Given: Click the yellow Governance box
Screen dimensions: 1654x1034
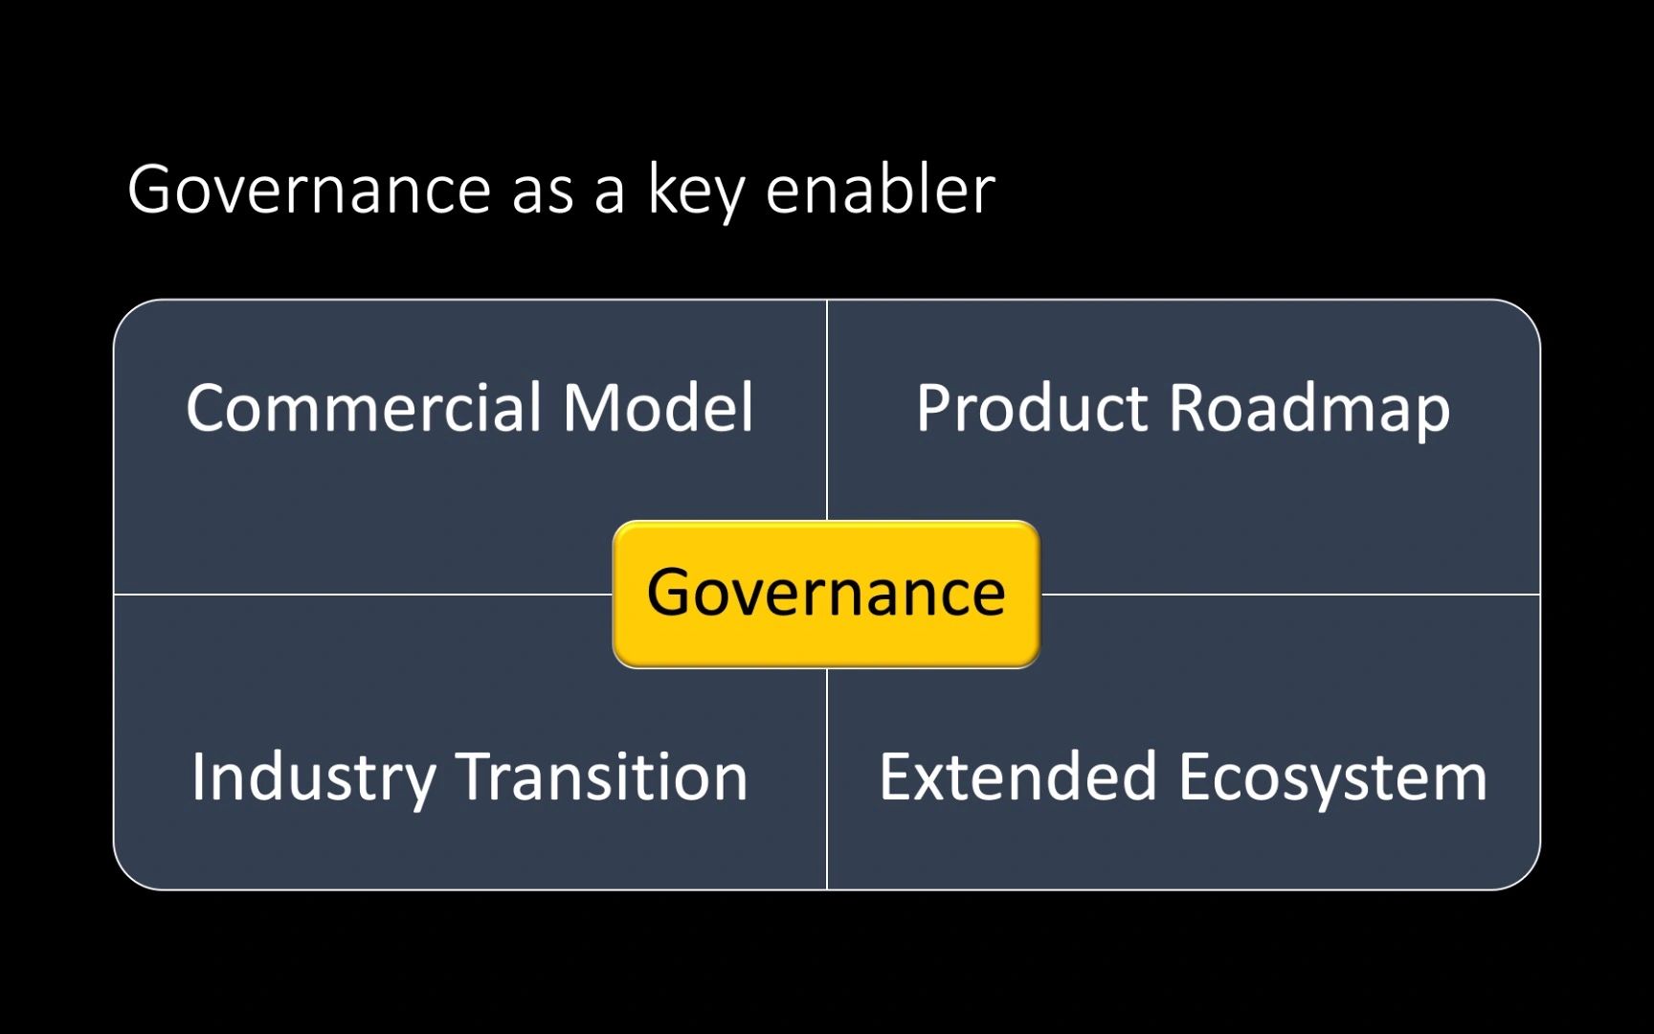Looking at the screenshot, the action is point(826,594).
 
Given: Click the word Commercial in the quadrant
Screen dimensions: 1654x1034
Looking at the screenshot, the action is point(365,408).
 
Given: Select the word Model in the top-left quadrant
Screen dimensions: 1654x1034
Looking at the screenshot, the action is point(659,408).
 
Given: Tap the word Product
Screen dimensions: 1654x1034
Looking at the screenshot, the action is point(1032,408).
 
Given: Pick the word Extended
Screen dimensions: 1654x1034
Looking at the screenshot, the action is point(1017,776).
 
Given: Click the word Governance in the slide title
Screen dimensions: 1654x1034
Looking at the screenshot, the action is point(309,190).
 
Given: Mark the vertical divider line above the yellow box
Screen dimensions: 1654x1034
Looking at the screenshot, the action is point(826,411).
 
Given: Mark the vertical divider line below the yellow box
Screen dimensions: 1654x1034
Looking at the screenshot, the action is point(826,778).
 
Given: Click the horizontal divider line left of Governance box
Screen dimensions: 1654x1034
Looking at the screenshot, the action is point(364,594).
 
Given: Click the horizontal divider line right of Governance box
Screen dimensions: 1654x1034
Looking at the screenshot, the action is point(1290,594).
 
